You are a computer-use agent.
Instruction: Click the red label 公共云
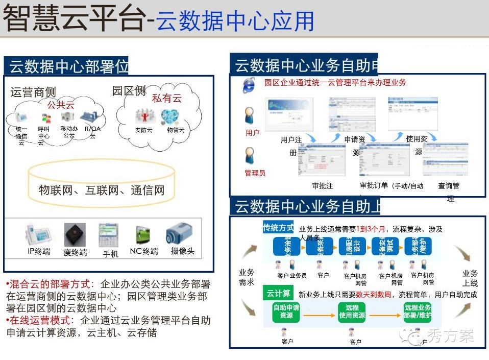point(61,105)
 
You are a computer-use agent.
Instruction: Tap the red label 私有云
point(166,99)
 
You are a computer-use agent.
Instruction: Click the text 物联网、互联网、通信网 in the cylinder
point(102,190)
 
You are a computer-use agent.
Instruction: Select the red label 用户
point(252,133)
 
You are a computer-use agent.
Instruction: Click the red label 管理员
point(255,173)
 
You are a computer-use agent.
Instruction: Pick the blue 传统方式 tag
point(278,227)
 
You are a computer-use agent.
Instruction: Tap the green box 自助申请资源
point(286,311)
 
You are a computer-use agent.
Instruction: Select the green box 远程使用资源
point(352,311)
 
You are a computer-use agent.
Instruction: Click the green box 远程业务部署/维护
point(418,311)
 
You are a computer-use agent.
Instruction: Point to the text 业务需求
point(247,277)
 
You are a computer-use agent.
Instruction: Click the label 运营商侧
point(33,92)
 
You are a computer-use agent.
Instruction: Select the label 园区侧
point(129,91)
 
